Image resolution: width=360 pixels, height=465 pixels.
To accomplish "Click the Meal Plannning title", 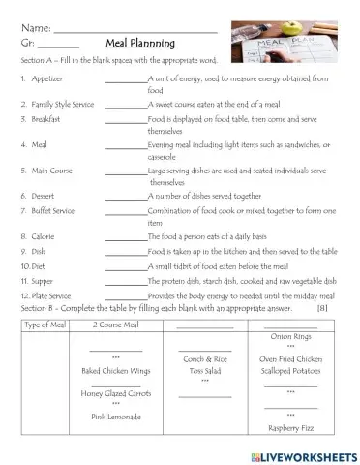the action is [140, 43].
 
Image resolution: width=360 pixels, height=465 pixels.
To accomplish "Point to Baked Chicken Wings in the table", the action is [116, 370].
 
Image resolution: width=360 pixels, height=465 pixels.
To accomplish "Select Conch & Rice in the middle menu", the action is [204, 359].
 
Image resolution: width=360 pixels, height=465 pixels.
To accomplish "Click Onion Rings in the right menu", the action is [290, 336].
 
